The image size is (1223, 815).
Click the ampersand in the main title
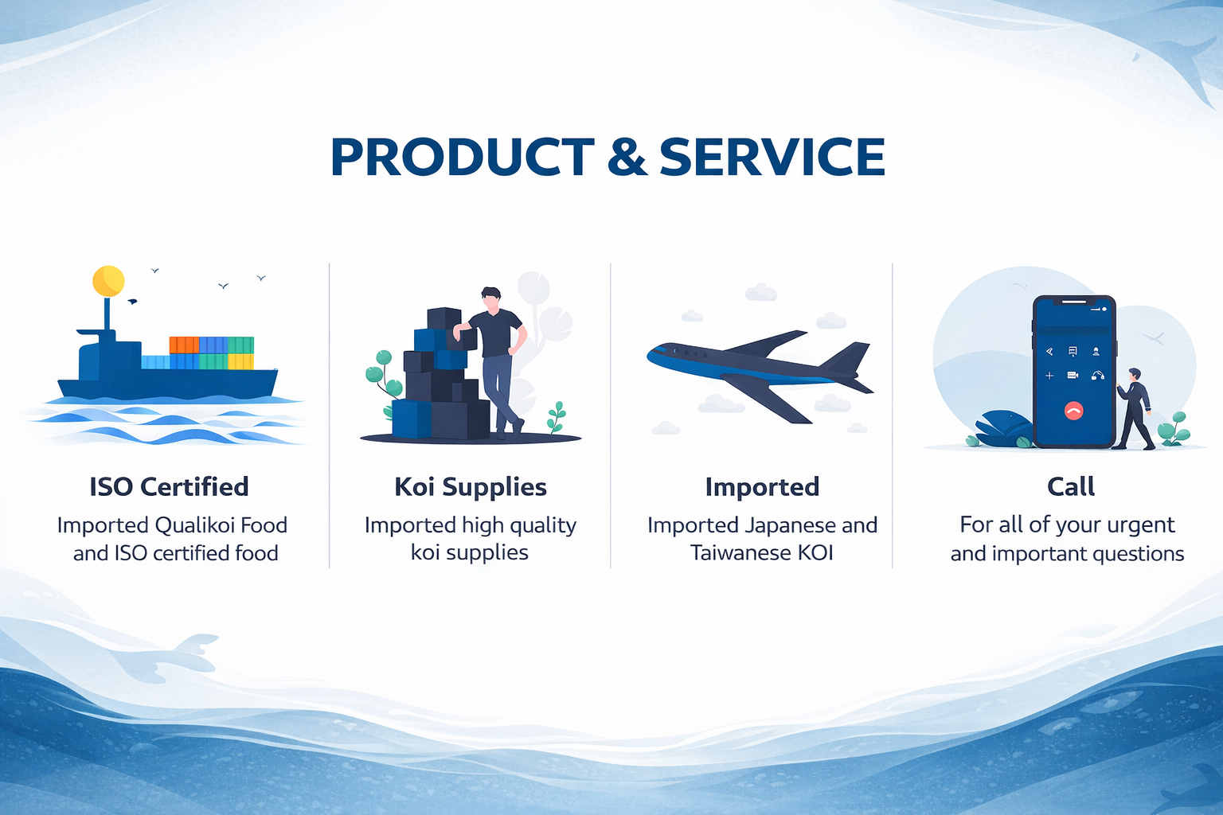point(627,158)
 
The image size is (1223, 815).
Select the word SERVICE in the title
point(772,158)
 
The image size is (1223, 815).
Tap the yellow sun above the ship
point(108,281)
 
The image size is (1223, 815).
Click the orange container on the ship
point(184,345)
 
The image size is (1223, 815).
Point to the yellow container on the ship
point(240,361)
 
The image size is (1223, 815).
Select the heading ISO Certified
point(170,487)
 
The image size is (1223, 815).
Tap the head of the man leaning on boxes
point(491,299)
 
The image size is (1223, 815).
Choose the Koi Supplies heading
point(471,487)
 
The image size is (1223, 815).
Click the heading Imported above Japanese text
point(762,487)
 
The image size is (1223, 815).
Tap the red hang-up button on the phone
point(1074,411)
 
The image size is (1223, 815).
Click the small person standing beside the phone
point(1135,408)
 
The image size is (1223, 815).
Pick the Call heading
point(1071,487)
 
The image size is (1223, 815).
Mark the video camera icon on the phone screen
point(1073,375)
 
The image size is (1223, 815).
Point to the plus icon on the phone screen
point(1049,376)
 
